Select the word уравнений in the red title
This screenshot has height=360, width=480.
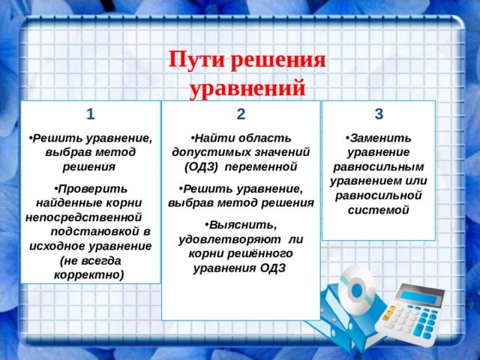[x=247, y=88]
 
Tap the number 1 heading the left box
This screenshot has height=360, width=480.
[x=90, y=114]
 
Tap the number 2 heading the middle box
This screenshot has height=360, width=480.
[x=240, y=114]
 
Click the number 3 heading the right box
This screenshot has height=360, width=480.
[x=379, y=114]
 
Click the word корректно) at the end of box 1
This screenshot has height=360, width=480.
[x=89, y=274]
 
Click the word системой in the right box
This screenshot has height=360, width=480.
[x=379, y=209]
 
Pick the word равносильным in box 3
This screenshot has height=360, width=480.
[x=379, y=166]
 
